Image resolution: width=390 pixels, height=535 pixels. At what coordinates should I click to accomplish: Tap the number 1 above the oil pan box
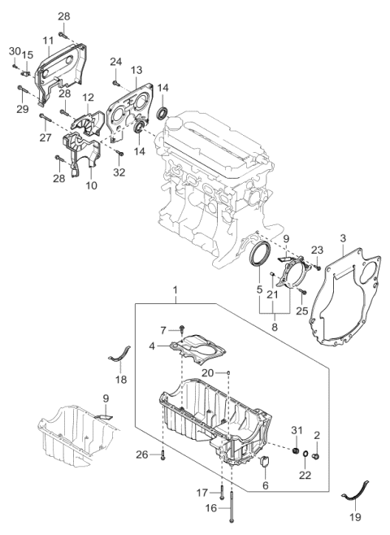[172, 290]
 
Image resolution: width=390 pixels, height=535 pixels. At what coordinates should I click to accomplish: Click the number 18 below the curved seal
[122, 380]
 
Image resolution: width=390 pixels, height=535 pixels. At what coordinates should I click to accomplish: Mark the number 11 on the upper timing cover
[48, 40]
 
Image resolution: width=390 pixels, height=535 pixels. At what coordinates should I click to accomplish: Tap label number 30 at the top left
[15, 51]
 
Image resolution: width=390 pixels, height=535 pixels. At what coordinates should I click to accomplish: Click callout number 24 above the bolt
[115, 62]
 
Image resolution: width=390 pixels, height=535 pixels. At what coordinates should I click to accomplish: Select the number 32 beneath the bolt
[119, 172]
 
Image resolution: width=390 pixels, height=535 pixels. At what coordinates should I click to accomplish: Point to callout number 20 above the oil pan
[210, 372]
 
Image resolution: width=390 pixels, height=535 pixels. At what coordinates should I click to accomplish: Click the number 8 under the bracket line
[274, 327]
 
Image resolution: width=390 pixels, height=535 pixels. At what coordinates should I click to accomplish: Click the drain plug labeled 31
[297, 452]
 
